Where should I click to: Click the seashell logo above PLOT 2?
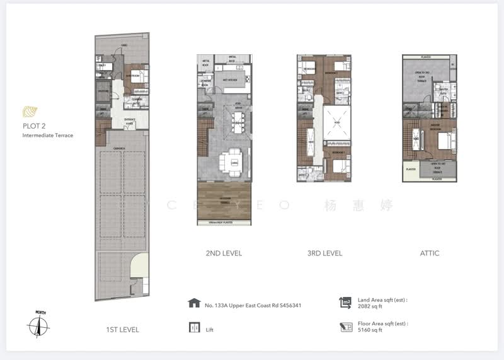pyautogui.click(x=29, y=112)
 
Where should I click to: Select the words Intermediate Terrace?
pyautogui.click(x=48, y=136)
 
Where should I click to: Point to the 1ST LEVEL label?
pyautogui.click(x=122, y=330)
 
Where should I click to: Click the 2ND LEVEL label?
pyautogui.click(x=224, y=253)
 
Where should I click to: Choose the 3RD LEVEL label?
pyautogui.click(x=324, y=253)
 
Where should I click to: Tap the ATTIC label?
pyautogui.click(x=430, y=253)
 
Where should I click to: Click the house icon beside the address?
pyautogui.click(x=193, y=303)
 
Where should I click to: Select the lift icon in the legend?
pyautogui.click(x=193, y=328)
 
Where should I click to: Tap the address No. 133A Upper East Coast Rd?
pyautogui.click(x=253, y=306)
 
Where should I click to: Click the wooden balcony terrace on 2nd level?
pyautogui.click(x=224, y=200)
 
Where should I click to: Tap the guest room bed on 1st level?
pyautogui.click(x=137, y=79)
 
